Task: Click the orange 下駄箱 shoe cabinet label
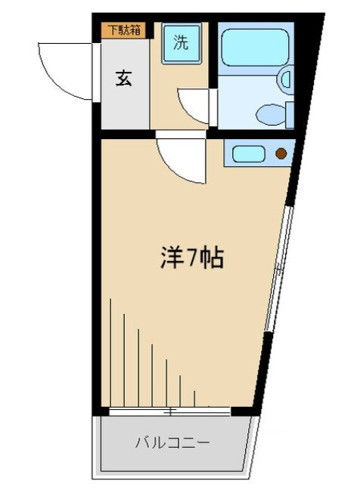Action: pos(123,30)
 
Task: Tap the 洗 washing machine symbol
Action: pos(182,43)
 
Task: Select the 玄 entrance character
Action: pos(124,78)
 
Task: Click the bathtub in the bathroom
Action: pos(255,48)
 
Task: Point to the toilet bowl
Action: pos(271,115)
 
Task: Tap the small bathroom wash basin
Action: pos(285,79)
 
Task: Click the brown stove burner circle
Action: pos(281,154)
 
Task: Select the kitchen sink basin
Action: pos(248,154)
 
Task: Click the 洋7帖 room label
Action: pos(192,258)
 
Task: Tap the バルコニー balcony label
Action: pos(172,442)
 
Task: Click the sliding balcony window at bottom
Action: pos(169,411)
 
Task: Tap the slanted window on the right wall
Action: pos(279,268)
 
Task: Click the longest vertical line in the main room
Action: pos(110,352)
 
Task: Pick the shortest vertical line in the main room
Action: pos(194,399)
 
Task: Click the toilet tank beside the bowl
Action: pos(290,115)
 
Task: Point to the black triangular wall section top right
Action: pos(310,75)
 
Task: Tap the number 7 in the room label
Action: pos(192,258)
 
